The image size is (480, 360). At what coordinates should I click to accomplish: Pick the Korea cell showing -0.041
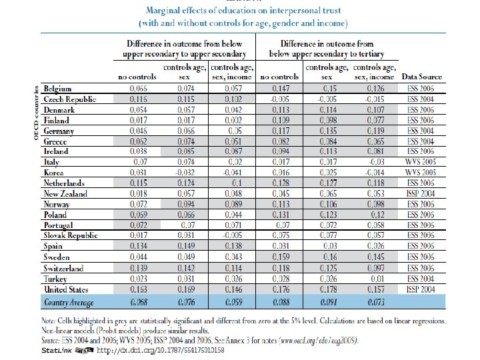point(228,172)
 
